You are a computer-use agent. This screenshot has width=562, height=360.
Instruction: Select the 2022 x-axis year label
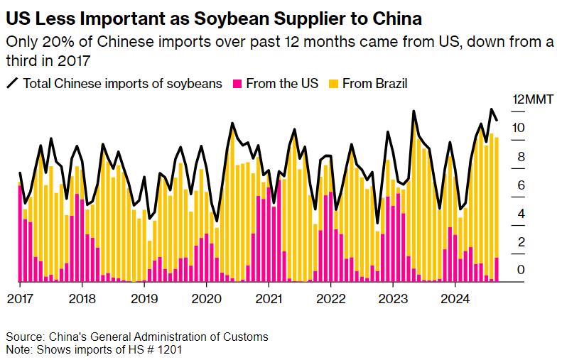(330, 298)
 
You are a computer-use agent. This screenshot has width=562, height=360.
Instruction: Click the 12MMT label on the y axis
(528, 99)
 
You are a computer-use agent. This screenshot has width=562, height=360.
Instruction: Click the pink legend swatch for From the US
(237, 84)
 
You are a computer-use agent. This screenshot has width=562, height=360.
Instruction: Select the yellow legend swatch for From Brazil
(333, 84)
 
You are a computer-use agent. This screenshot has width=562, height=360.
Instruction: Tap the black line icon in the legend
(13, 84)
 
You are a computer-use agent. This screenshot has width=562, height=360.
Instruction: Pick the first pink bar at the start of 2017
(20, 234)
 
